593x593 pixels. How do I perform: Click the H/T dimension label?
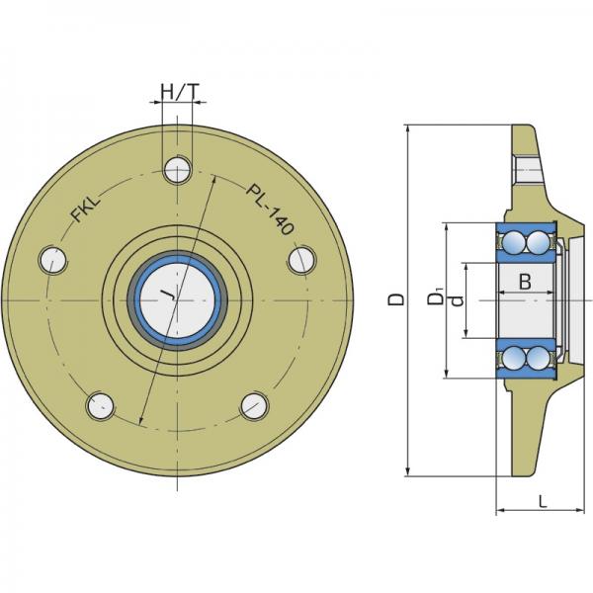180,92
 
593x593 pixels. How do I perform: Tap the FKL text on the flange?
86,209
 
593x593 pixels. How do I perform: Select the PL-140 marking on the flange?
270,210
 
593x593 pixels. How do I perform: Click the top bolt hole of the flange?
177,169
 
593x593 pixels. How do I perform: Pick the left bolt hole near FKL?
53,260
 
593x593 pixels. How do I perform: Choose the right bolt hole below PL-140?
301,260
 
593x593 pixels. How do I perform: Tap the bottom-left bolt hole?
101,406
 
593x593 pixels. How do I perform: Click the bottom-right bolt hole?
255,406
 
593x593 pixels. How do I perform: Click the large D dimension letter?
396,299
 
